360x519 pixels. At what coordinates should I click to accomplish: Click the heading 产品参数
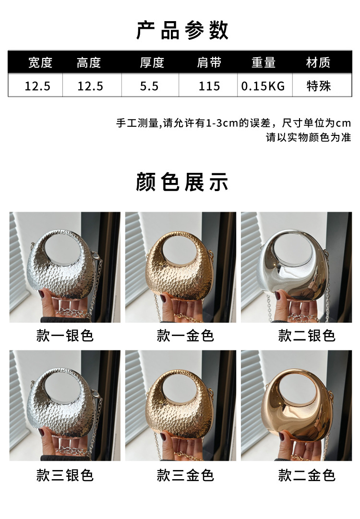tap(182, 30)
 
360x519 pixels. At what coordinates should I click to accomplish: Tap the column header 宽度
tap(40, 62)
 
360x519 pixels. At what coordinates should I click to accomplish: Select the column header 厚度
tap(152, 62)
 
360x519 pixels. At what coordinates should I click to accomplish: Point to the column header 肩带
tap(209, 62)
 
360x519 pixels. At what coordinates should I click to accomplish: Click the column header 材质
tap(318, 62)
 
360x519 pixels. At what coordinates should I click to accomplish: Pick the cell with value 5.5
tap(149, 86)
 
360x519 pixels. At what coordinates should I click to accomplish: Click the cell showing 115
tap(209, 86)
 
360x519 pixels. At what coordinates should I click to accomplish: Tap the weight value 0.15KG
tap(263, 86)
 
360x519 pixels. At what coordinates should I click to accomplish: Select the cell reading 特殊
tap(319, 86)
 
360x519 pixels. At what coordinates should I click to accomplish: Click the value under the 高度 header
tap(90, 86)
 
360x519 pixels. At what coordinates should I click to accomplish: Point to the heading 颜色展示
tap(182, 181)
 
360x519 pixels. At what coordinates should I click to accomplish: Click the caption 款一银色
tap(65, 336)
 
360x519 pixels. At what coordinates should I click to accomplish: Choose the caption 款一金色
tap(185, 336)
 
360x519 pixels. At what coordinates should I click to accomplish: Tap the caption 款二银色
tap(307, 336)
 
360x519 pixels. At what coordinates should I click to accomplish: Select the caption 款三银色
tap(65, 475)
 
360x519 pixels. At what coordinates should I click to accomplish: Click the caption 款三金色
tap(185, 475)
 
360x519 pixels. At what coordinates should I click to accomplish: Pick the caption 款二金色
tap(307, 475)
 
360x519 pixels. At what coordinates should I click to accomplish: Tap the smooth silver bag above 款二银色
tap(291, 278)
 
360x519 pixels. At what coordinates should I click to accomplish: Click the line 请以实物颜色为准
tap(308, 137)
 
